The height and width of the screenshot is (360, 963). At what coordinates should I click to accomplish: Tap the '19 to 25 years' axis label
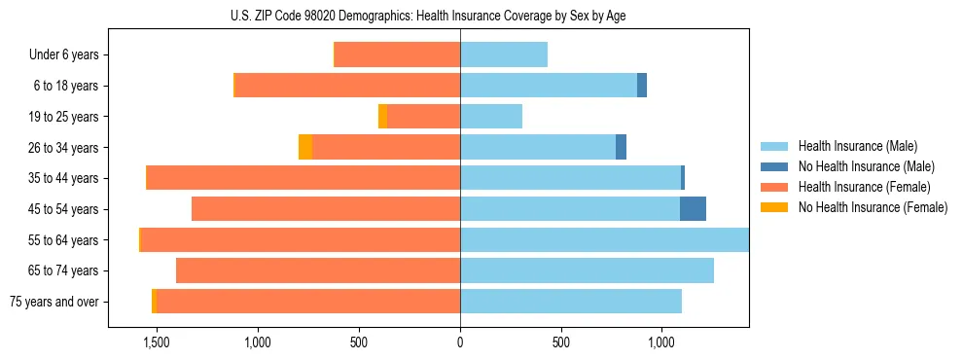tap(63, 117)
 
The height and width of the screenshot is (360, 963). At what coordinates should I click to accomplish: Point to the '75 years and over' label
tap(54, 302)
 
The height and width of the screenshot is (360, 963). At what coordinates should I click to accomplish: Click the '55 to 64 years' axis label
tap(63, 240)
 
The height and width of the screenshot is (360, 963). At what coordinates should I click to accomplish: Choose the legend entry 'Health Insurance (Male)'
tap(857, 146)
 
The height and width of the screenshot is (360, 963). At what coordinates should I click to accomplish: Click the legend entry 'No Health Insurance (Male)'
tap(866, 166)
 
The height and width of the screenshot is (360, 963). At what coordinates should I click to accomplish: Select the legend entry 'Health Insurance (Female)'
tap(864, 187)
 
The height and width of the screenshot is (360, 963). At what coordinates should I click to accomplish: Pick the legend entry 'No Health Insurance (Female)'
tap(873, 207)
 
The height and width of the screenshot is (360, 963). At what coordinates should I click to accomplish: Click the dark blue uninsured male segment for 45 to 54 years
tap(693, 209)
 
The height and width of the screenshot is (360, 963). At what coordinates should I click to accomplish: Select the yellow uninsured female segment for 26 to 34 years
tap(305, 148)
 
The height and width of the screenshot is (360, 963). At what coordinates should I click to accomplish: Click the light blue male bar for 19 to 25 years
tap(491, 117)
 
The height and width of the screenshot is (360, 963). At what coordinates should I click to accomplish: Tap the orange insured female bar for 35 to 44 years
tap(303, 178)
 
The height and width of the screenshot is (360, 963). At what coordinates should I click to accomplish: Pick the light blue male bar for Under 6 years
tap(504, 55)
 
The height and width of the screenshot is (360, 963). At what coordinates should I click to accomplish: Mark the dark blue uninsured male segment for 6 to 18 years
tap(642, 86)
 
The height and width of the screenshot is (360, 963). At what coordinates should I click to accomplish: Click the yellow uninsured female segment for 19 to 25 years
tap(382, 117)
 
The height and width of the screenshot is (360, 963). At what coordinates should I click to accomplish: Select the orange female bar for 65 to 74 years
tap(318, 270)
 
